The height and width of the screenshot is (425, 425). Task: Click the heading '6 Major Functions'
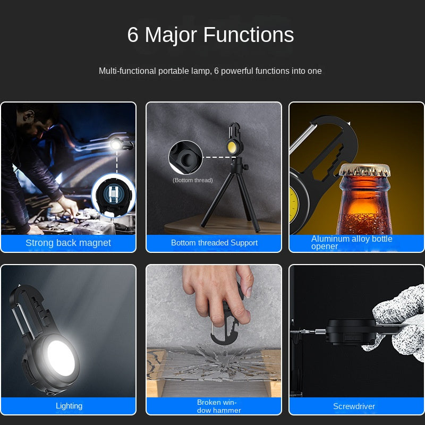pyautogui.click(x=210, y=35)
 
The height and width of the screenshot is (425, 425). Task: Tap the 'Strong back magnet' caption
pyautogui.click(x=69, y=243)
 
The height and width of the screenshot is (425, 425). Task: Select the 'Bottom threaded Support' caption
pyautogui.click(x=214, y=243)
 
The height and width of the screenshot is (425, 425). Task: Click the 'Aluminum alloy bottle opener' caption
pyautogui.click(x=352, y=242)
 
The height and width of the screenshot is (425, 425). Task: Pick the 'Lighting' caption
pyautogui.click(x=69, y=406)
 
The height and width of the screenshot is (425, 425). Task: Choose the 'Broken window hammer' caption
pyautogui.click(x=218, y=406)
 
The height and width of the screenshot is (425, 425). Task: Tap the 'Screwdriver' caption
pyautogui.click(x=354, y=406)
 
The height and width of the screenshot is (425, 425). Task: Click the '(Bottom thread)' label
pyautogui.click(x=193, y=180)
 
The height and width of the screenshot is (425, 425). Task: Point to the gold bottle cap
pyautogui.click(x=365, y=170)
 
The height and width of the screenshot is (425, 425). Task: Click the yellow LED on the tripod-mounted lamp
pyautogui.click(x=232, y=147)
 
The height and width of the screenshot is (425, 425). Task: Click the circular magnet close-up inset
pyautogui.click(x=114, y=195)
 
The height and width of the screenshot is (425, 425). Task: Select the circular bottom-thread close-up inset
pyautogui.click(x=185, y=157)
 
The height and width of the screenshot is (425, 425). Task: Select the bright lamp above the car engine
pyautogui.click(x=116, y=145)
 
